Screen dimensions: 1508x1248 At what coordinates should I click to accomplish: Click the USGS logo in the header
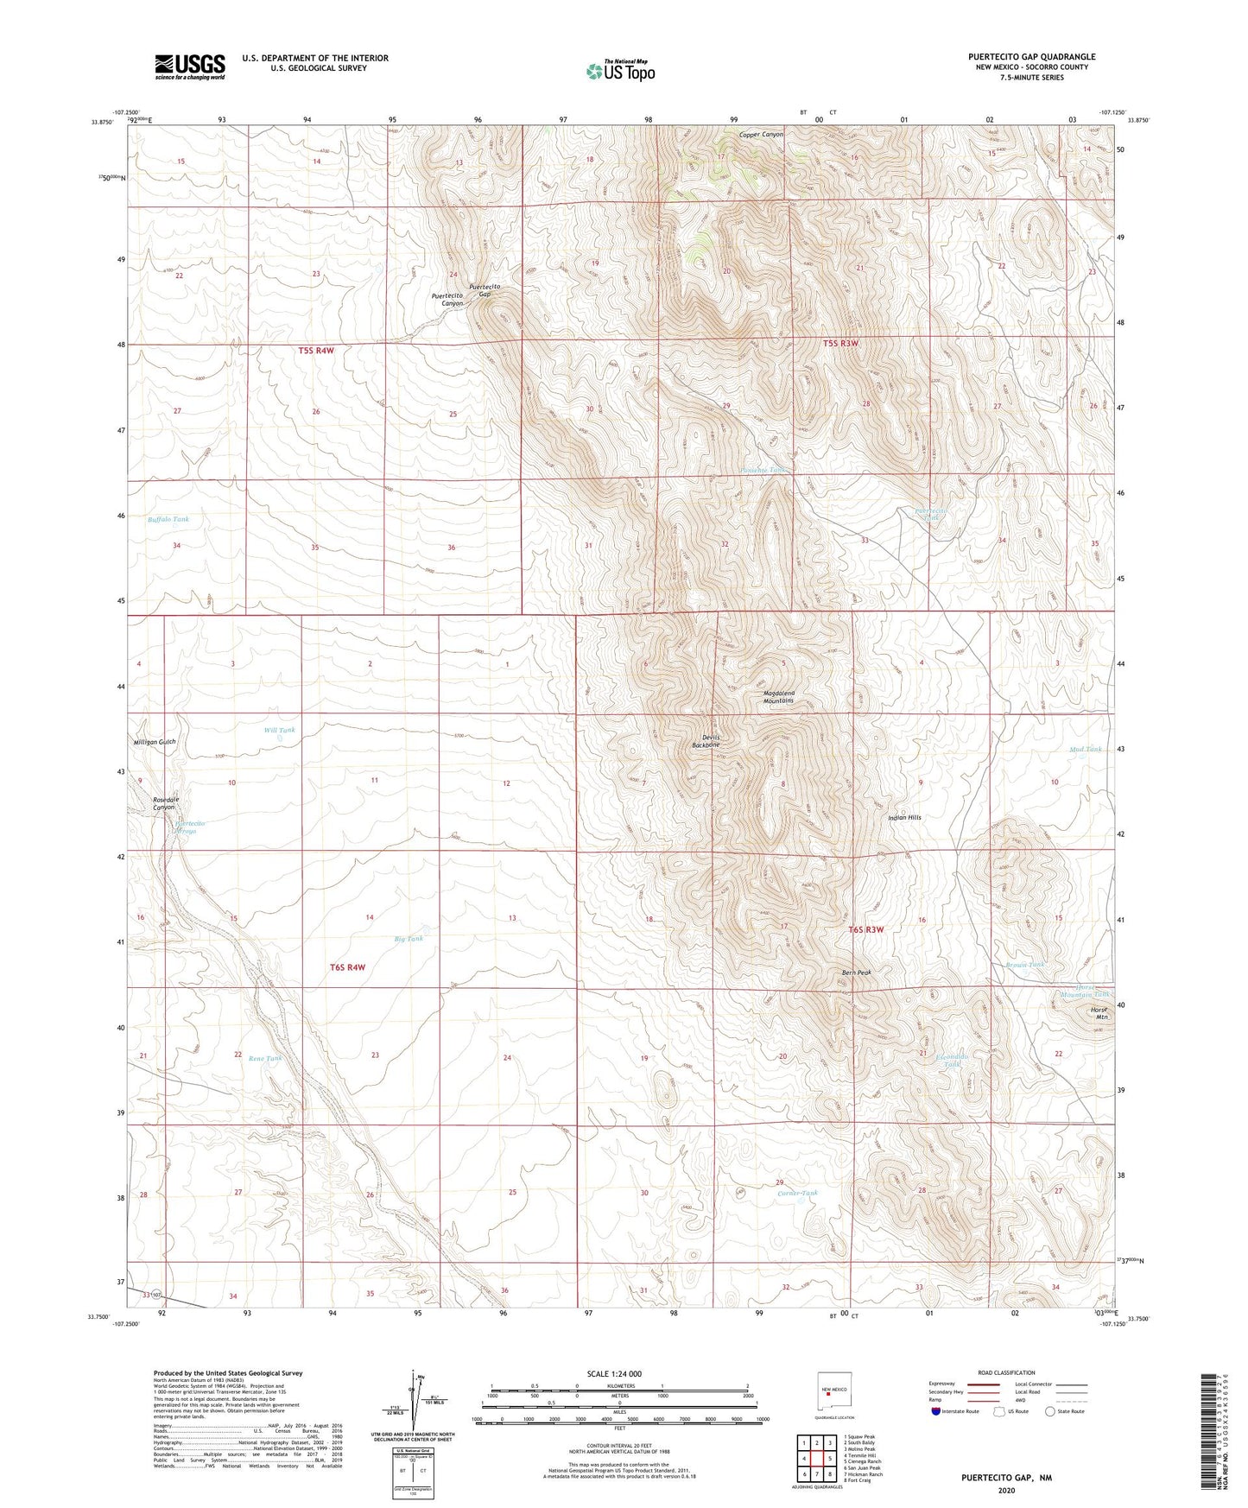190,67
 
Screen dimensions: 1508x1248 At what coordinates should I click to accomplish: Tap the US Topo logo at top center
620,71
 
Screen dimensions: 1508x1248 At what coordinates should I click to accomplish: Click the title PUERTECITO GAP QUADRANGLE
1031,57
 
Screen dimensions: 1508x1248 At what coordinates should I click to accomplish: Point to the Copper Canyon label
761,135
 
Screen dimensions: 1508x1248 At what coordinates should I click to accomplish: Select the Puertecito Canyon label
447,300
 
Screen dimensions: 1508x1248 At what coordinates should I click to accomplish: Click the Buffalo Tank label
168,519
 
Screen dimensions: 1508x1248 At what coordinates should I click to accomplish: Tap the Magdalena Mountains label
778,697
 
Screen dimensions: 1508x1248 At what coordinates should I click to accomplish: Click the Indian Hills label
904,817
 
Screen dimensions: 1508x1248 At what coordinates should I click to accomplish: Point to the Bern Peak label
857,973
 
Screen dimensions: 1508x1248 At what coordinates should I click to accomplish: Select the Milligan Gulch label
155,742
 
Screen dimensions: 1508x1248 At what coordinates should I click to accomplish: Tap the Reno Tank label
265,1058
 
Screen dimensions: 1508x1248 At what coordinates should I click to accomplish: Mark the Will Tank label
279,731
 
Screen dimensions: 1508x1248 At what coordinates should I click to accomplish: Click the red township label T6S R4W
349,967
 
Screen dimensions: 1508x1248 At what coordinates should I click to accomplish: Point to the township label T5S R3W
840,343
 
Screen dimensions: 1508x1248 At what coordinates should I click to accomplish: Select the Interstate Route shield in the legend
937,1411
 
